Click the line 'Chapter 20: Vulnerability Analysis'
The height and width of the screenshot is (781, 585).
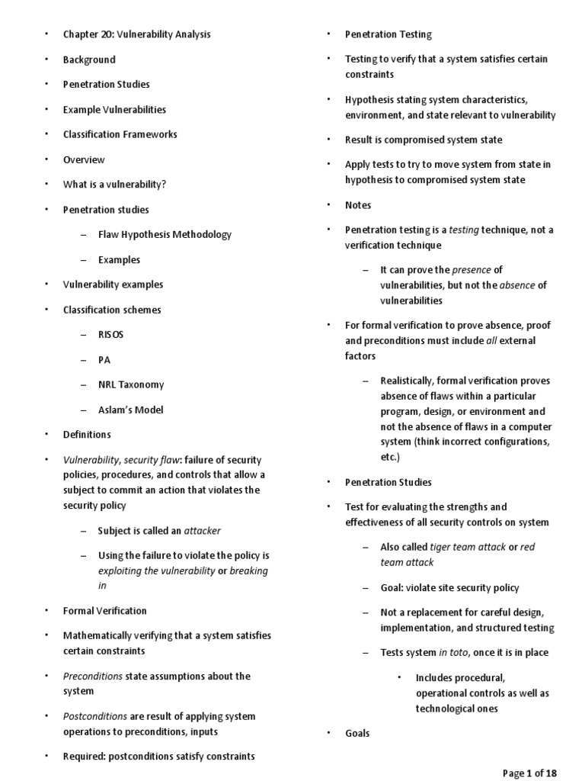(136, 34)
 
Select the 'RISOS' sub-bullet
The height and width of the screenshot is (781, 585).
(110, 335)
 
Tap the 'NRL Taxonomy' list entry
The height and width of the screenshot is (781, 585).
(130, 384)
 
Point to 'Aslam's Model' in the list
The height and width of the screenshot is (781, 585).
(130, 410)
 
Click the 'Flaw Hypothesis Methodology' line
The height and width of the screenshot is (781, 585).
(165, 235)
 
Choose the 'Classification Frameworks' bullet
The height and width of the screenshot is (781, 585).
(120, 134)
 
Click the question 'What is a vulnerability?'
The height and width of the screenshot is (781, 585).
(114, 185)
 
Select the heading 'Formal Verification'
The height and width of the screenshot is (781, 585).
(105, 611)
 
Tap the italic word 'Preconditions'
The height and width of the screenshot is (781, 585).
(92, 676)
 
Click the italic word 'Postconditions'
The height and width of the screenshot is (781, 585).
(95, 716)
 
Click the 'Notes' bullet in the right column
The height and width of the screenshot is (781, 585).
(358, 205)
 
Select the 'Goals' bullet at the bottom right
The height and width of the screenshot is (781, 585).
(357, 733)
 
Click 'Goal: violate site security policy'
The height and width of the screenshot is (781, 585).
(449, 587)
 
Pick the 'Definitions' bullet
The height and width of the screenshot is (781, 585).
(87, 435)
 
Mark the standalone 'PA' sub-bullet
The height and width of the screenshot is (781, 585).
(104, 360)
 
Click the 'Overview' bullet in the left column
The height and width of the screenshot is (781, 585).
(84, 159)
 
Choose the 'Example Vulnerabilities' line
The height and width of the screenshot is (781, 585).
(114, 109)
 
